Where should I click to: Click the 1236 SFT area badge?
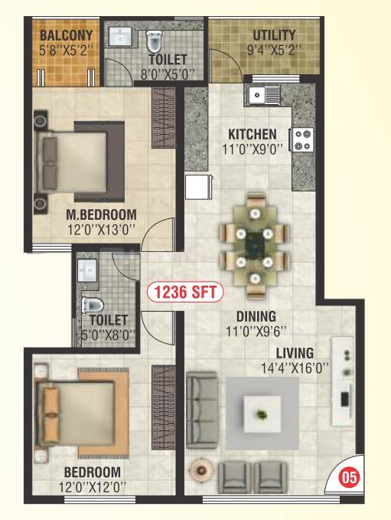coord(185,292)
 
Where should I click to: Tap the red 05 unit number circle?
coord(350,478)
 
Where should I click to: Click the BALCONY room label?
coord(67,35)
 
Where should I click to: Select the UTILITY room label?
coord(274,35)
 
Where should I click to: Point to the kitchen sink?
coord(263,95)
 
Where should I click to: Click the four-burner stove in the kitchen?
coord(302,139)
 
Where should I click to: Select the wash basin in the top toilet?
coord(120,36)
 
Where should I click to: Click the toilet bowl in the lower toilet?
coord(93,305)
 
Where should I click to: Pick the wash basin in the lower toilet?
coord(87,270)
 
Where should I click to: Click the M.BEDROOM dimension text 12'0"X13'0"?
coord(101,230)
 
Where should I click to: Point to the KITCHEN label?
coord(253,134)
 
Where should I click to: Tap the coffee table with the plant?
coord(262,414)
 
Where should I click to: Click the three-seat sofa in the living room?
coord(202,410)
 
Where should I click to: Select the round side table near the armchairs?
coord(200,469)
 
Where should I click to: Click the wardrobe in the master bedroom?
coord(163,118)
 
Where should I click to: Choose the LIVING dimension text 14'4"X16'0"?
coord(295,368)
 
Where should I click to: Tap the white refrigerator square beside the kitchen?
coord(198,187)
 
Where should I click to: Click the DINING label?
coord(256,316)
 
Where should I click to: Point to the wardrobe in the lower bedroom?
coord(163,407)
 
